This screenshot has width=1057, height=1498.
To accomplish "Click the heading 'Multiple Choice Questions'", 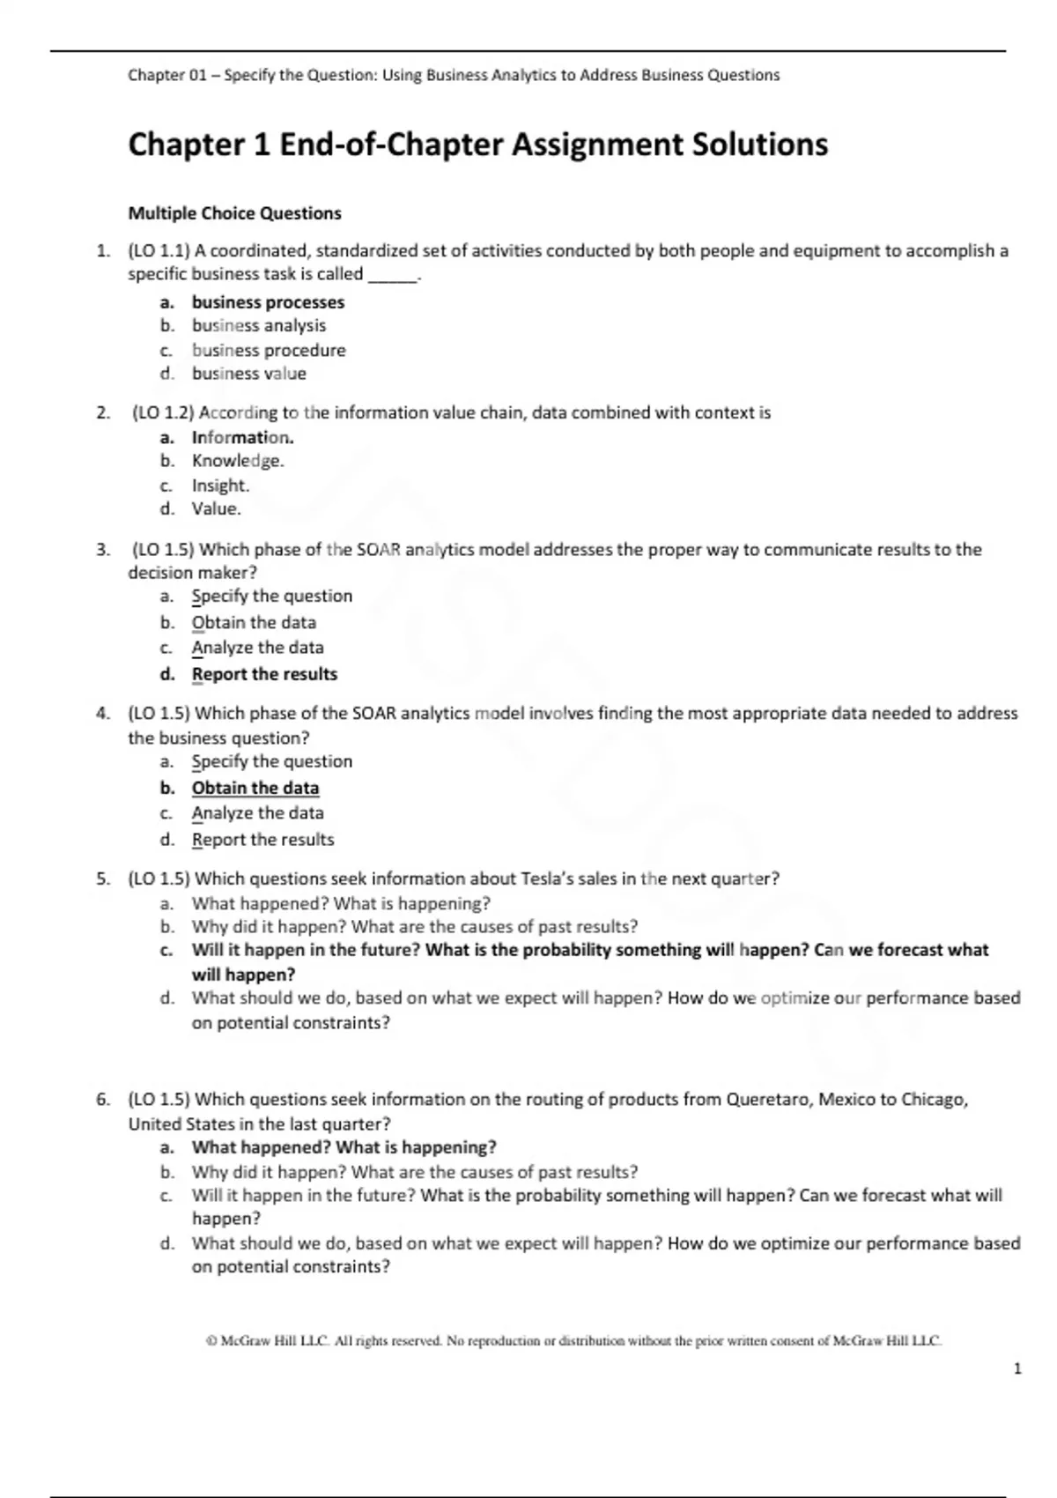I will (234, 213).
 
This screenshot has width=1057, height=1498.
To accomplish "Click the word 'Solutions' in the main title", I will (759, 144).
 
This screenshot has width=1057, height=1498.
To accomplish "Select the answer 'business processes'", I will (268, 302).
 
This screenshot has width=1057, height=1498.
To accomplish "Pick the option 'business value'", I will (249, 374).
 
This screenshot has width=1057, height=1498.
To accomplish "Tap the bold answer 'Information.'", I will (242, 437).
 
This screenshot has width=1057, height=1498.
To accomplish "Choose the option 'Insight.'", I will (220, 486).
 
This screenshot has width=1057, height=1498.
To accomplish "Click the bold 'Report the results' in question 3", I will (264, 674).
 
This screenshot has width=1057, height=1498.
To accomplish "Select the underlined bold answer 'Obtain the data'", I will (255, 788).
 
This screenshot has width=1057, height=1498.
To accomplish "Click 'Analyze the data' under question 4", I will (257, 812).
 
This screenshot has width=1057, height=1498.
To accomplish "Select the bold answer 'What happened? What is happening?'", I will (344, 1147).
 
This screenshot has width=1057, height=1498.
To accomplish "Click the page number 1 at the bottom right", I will (1018, 1368).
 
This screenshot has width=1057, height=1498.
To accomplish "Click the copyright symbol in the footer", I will (211, 1341).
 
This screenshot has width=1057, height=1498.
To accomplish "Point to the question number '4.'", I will (103, 714).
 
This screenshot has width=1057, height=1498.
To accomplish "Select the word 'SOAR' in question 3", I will (379, 550).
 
